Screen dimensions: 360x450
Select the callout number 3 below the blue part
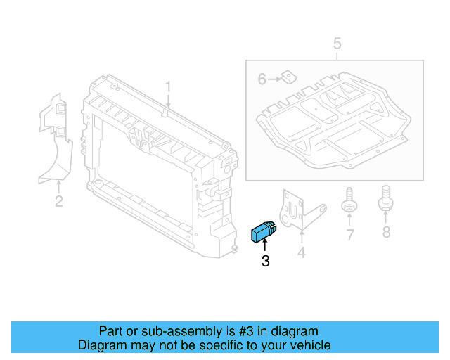point(265,262)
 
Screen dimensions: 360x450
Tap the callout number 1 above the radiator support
point(168,86)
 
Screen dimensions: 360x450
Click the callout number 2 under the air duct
point(59,202)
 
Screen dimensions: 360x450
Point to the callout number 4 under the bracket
point(301,251)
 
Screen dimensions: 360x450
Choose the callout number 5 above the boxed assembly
point(337,44)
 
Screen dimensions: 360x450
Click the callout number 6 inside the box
point(262,80)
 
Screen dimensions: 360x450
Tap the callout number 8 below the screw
point(385,232)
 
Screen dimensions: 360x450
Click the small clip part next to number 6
point(287,78)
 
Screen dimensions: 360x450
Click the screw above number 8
point(385,197)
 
